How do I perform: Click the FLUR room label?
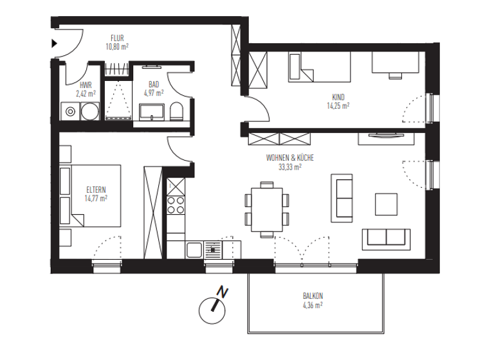click(116, 38)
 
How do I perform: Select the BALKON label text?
click(313, 296)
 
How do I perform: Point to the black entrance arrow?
click(55, 44)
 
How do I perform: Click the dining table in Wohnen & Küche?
click(266, 207)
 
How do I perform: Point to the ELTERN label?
click(96, 190)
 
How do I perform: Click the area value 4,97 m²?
click(154, 93)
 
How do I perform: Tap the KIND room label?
click(338, 98)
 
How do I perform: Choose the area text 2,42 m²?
click(86, 93)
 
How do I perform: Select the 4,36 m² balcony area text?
click(313, 305)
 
